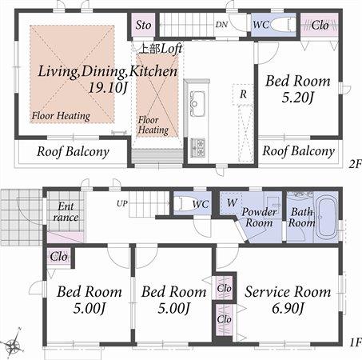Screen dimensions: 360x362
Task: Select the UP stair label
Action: click(x=122, y=203)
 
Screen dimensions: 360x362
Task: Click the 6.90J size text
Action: click(x=287, y=309)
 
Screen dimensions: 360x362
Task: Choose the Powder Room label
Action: click(x=259, y=218)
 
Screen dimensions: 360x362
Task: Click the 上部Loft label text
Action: click(x=161, y=48)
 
